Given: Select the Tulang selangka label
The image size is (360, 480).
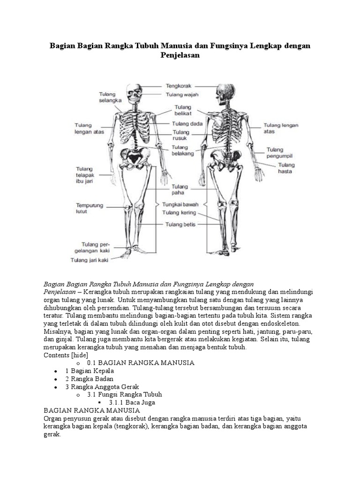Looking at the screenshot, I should [110, 97].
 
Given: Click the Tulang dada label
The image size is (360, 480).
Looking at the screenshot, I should [187, 124].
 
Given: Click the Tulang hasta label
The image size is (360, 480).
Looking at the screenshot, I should [286, 168].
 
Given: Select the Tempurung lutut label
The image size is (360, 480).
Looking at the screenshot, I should [90, 208].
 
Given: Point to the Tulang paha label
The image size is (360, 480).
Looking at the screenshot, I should [180, 189].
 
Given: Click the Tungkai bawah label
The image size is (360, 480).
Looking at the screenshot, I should [180, 204].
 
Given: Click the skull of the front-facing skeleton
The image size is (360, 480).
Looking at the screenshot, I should [134, 94].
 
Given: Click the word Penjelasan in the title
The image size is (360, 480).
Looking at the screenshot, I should [180, 55].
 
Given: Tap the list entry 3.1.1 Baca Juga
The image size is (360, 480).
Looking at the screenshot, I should [132, 402].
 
